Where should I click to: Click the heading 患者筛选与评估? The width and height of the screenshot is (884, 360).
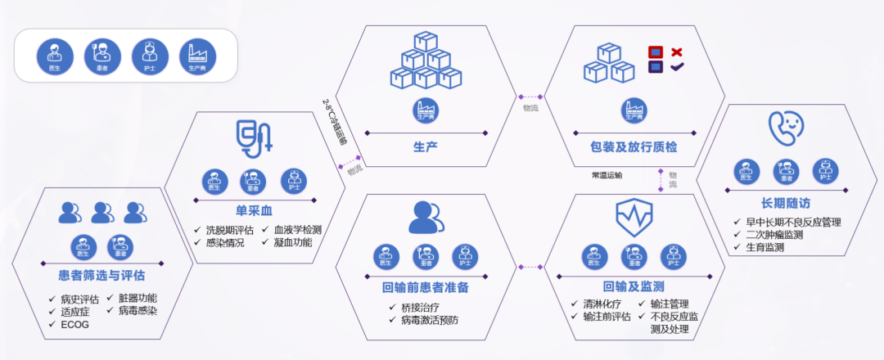pos(101,276)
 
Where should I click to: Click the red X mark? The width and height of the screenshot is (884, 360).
pos(677,52)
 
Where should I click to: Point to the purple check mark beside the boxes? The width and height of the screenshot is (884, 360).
pos(677,67)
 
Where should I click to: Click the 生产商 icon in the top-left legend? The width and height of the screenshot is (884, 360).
pos(198,56)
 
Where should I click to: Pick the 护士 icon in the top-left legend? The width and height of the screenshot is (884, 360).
pos(151,56)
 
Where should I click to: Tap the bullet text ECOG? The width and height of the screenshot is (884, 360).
pos(74,324)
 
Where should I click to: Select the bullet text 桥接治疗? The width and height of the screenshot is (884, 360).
pos(425,307)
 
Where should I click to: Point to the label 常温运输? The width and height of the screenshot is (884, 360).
pos(607,175)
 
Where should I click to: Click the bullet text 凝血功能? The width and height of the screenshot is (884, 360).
pos(292,242)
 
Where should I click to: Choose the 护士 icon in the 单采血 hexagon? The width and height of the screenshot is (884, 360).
pos(294,181)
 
